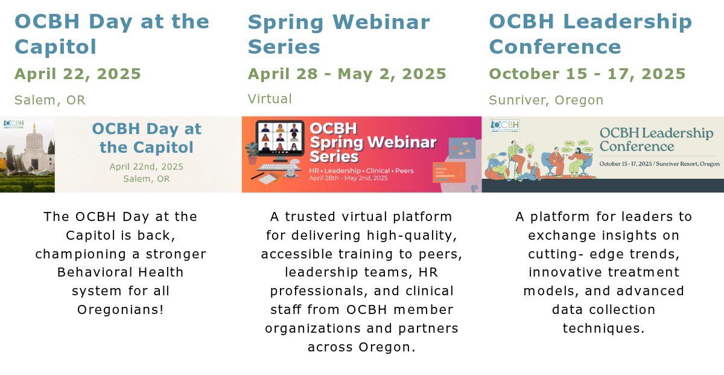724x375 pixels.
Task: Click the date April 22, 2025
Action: coord(78,74)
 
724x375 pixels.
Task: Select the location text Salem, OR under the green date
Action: coord(50,100)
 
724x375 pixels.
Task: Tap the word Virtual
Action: coord(270,99)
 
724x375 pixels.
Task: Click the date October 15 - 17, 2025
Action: coord(587,74)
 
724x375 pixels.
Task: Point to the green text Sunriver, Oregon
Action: coord(546,100)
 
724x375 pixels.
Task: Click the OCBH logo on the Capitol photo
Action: coord(13,124)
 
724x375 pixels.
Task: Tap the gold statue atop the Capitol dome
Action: coord(34,126)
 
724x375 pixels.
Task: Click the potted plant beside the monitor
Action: coord(252,153)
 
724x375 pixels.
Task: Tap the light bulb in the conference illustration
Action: coord(530,150)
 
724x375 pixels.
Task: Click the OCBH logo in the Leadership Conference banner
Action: coord(504,126)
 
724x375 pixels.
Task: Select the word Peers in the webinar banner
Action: coord(404,170)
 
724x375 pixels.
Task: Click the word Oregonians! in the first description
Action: coord(121,310)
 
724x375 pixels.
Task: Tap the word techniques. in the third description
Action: coord(604,329)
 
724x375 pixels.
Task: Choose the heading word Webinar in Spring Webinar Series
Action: coord(381,22)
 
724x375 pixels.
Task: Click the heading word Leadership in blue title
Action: coord(627,22)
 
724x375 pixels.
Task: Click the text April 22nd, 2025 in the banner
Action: coord(147,167)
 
